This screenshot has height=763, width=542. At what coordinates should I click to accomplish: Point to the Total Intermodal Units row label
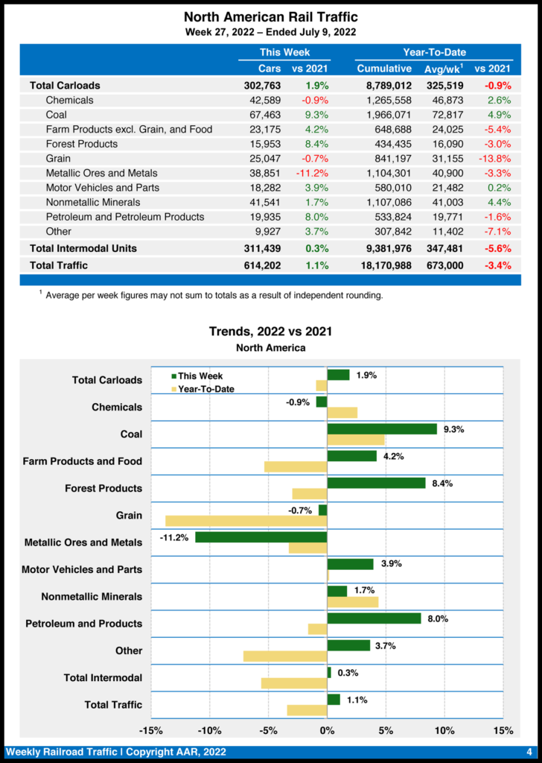pyautogui.click(x=83, y=248)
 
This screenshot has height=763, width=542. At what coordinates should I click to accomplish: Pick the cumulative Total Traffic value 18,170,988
pyautogui.click(x=383, y=265)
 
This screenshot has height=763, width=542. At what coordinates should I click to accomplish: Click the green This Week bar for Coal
pyautogui.click(x=382, y=429)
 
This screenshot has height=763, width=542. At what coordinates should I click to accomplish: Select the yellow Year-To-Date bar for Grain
pyautogui.click(x=246, y=521)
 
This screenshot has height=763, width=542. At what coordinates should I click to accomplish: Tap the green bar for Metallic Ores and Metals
pyautogui.click(x=261, y=536)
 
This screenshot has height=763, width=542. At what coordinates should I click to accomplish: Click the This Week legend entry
pyautogui.click(x=197, y=376)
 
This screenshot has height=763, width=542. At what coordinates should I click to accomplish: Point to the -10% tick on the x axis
pyautogui.click(x=210, y=729)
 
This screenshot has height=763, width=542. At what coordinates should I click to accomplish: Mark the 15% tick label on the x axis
pyautogui.click(x=503, y=729)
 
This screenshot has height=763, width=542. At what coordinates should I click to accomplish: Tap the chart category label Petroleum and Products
pyautogui.click(x=83, y=624)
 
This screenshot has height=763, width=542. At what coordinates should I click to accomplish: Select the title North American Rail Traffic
pyautogui.click(x=270, y=17)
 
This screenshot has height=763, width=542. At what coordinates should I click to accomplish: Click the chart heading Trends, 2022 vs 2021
pyautogui.click(x=270, y=332)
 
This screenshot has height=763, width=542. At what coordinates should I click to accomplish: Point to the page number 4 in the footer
pyautogui.click(x=529, y=752)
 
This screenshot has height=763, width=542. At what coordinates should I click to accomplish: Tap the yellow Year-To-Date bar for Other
pyautogui.click(x=285, y=656)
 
